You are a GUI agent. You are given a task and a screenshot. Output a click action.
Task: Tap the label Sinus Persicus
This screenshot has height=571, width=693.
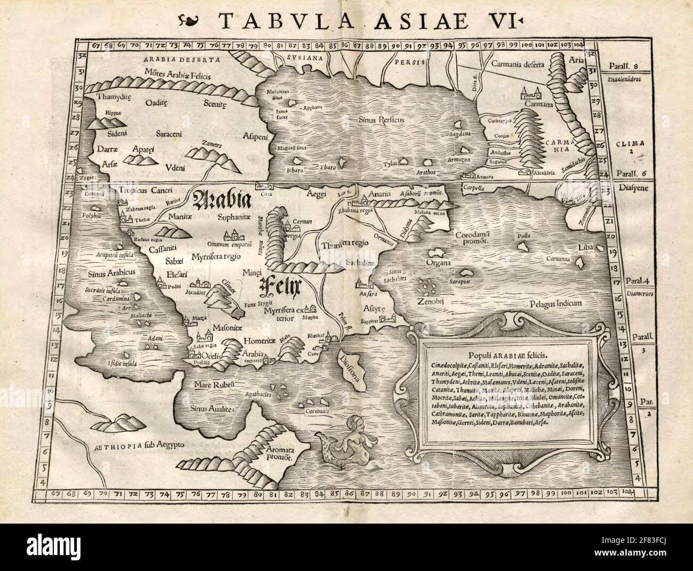(x=381, y=120)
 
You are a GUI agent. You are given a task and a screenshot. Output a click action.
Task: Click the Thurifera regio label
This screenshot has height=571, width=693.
(x=345, y=244)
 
